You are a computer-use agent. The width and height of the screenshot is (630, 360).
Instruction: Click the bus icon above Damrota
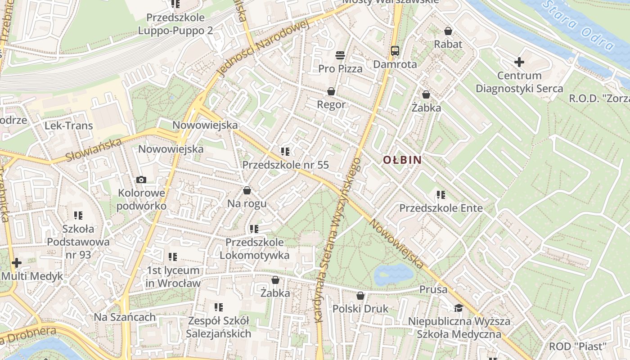pos(395,50)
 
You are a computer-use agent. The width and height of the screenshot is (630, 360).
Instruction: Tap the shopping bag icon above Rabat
pos(448,31)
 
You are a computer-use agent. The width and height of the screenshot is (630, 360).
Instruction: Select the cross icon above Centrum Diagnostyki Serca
pos(519,62)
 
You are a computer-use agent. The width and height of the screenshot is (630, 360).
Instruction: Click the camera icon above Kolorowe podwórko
pos(141,180)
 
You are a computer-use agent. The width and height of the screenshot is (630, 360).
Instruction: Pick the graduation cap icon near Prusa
pos(459,308)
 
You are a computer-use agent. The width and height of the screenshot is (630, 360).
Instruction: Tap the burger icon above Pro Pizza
pos(340,55)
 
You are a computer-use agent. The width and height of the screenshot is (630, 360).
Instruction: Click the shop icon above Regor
pos(331,91)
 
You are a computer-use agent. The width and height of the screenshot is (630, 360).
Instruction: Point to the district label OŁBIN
pos(402,160)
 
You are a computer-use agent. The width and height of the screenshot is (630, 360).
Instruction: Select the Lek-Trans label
pos(68,126)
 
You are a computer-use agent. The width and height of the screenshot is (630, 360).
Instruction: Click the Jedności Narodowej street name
pos(263,49)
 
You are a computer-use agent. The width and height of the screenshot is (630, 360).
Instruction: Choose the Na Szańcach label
pos(125,317)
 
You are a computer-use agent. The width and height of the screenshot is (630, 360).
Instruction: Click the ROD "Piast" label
pos(578,346)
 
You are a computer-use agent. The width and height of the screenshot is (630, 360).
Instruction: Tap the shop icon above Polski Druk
pos(360,296)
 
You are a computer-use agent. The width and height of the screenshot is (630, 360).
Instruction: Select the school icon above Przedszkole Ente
pos(441,195)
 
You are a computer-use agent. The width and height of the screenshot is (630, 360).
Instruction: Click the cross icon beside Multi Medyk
pos(17,262)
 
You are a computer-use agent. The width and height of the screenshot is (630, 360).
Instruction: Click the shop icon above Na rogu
pos(247,190)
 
